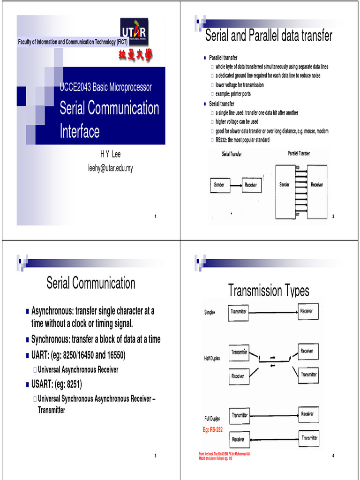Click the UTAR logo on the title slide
[x=135, y=33]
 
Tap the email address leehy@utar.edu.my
[x=110, y=168]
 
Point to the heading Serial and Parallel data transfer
[x=269, y=36]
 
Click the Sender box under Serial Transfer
[x=219, y=185]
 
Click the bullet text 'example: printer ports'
[x=233, y=94]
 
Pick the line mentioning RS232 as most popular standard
[x=242, y=140]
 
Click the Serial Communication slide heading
[x=91, y=283]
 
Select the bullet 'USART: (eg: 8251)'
[x=56, y=385]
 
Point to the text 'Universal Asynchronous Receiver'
[x=78, y=370]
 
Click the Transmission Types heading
[x=269, y=291]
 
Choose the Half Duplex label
[x=212, y=359]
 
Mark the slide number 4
[x=333, y=457]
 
